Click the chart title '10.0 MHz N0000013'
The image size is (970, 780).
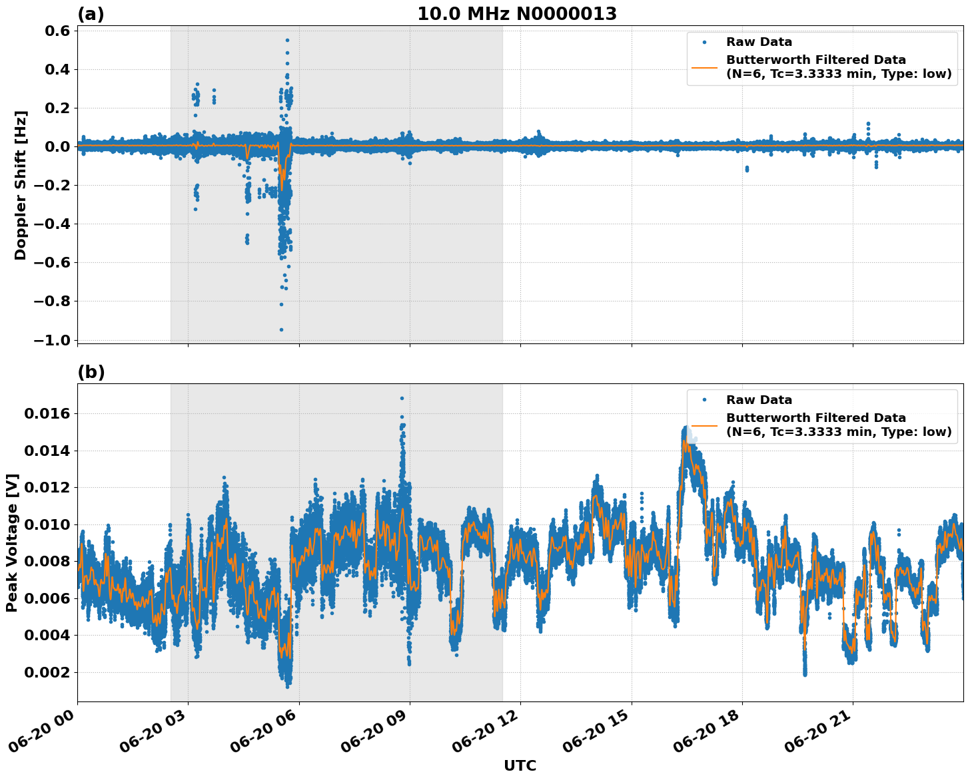coord(517,14)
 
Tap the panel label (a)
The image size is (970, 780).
coord(91,14)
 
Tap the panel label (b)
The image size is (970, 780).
coord(91,372)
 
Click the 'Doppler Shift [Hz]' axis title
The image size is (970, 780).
coord(21,185)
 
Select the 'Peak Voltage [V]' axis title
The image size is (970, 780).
coord(12,542)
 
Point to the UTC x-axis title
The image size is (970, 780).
coord(520,765)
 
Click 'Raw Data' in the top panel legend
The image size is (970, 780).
coord(759,42)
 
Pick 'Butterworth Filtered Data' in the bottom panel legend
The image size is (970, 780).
coord(815,418)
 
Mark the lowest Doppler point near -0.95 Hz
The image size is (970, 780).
coord(281,329)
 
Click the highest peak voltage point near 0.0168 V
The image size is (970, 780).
coord(402,398)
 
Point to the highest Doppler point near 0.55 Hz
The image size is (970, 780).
coord(287,40)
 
